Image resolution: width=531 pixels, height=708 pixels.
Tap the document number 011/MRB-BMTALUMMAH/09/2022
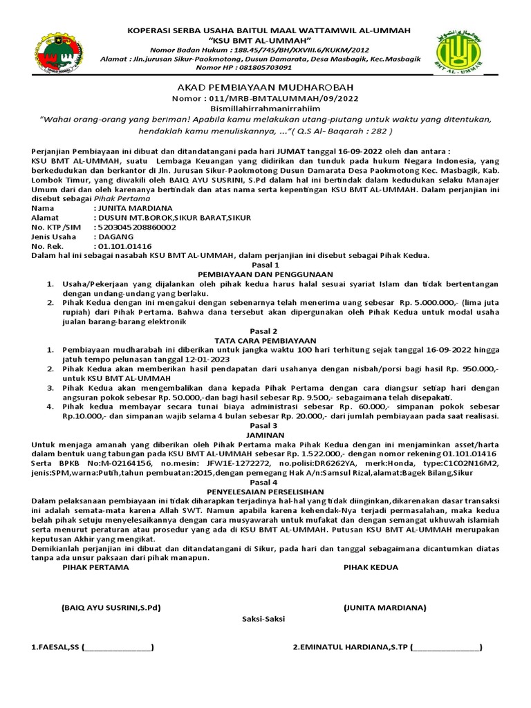pos(281,99)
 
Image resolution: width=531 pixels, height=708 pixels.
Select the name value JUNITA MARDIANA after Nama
pos(134,207)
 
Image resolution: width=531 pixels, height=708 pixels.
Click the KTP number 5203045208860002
pos(137,227)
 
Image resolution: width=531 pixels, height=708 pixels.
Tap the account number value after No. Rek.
pos(124,246)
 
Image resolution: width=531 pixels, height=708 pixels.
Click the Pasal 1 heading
pos(265,265)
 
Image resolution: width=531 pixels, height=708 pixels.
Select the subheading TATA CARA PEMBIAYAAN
pos(265,341)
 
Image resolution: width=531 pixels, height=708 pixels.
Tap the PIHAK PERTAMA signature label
pos(95,567)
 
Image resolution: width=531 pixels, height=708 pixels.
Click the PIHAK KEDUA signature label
pos(371,567)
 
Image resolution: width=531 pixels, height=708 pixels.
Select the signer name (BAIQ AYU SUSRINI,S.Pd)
pos(111,608)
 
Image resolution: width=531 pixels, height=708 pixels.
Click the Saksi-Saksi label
pos(263,619)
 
